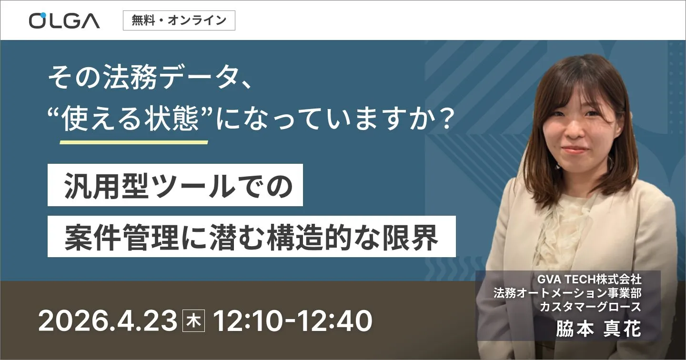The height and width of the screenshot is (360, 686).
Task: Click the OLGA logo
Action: pyautogui.click(x=64, y=20)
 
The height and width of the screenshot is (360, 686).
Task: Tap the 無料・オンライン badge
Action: pyautogui.click(x=179, y=20)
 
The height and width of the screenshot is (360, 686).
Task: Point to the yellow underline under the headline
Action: pyautogui.click(x=133, y=142)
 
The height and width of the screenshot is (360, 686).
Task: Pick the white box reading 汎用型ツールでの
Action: pyautogui.click(x=175, y=185)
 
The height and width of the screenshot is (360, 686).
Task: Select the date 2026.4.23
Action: pyautogui.click(x=108, y=322)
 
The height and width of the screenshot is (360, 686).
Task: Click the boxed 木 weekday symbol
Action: pyautogui.click(x=194, y=322)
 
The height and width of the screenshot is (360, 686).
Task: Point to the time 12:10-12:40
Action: pyautogui.click(x=292, y=322)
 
